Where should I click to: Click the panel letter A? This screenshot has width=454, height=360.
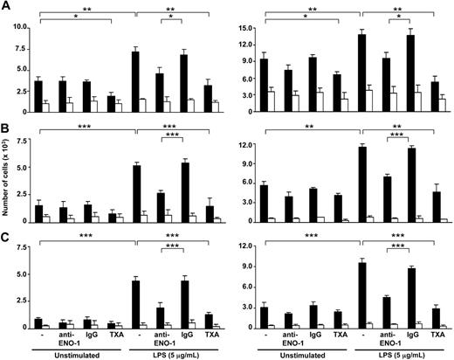(x=6, y=7)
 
